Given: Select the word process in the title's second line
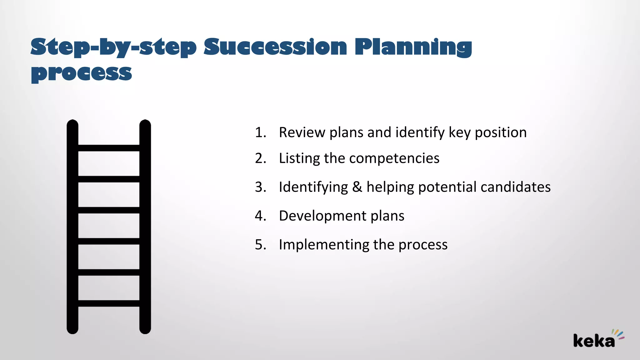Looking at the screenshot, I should pos(81,73).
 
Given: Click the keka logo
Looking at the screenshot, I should pos(597,339).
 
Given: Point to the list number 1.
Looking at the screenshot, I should pos(260,132).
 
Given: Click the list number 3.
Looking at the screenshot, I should pos(260,187).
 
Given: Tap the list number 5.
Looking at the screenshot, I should pos(260,245).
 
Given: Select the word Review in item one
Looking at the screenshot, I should pos(302,132).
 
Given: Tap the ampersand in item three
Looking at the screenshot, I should pos(357,187).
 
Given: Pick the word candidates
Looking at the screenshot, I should pos(516,187).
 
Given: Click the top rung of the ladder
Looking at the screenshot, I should pos(109,148).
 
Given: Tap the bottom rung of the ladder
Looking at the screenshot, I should pos(109,303).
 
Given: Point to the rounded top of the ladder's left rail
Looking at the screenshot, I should pos(72,123).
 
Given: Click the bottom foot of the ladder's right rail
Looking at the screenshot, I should pos(145,330).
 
